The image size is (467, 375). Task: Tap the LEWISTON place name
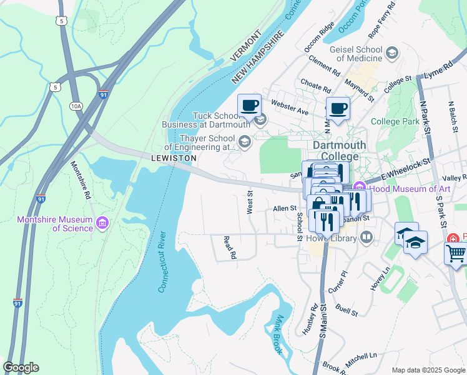pyautogui.click(x=174, y=159)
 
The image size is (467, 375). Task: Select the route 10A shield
pyautogui.click(x=76, y=106)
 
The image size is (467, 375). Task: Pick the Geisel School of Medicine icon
pyautogui.click(x=392, y=52)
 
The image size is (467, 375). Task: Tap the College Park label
pyautogui.click(x=394, y=121)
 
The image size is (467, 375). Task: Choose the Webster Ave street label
pyautogui.click(x=290, y=106)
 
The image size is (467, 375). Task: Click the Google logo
pyautogui.click(x=21, y=367)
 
